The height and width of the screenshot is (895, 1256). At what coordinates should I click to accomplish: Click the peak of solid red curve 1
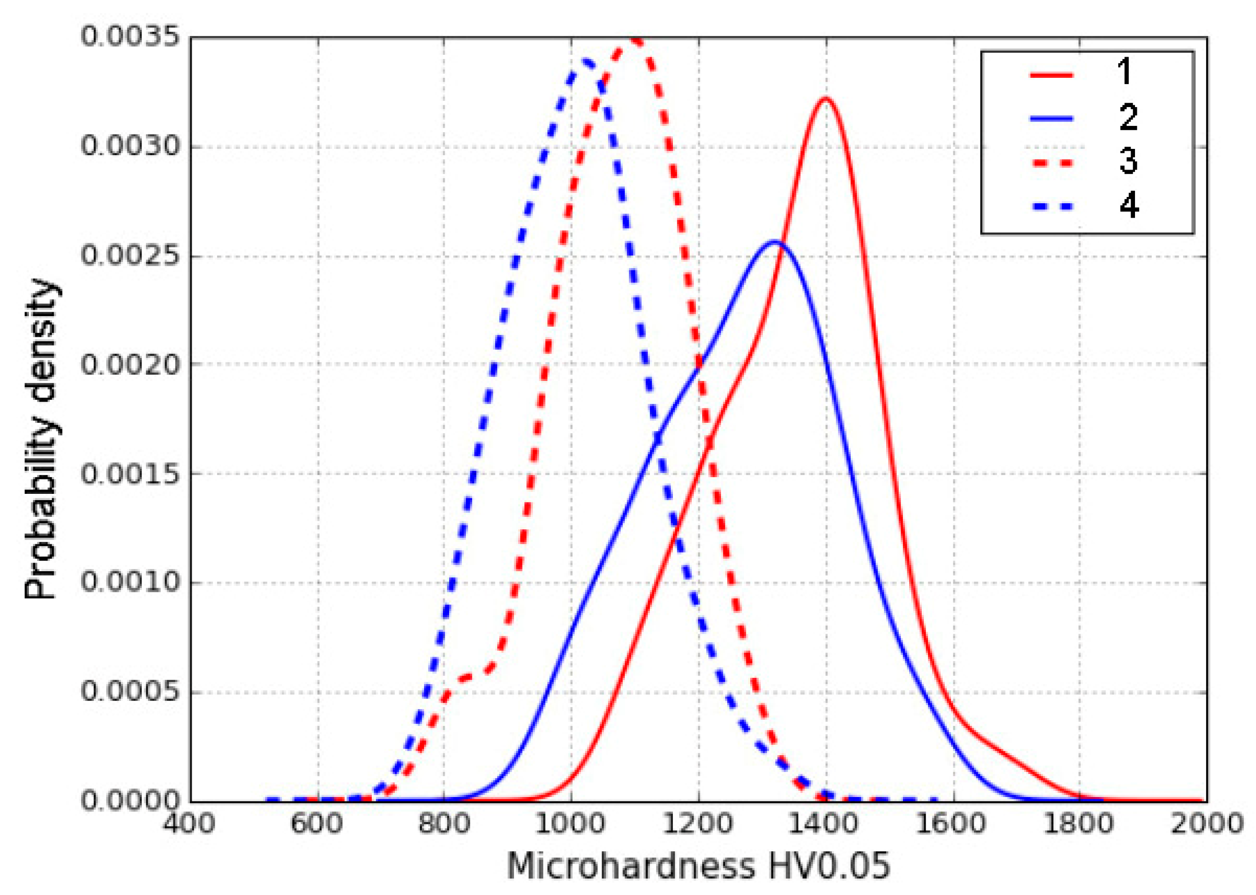click(x=825, y=98)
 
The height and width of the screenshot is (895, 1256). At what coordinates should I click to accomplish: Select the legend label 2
click(x=1128, y=117)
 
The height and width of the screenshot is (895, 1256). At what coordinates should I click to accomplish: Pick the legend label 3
click(x=1128, y=161)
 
